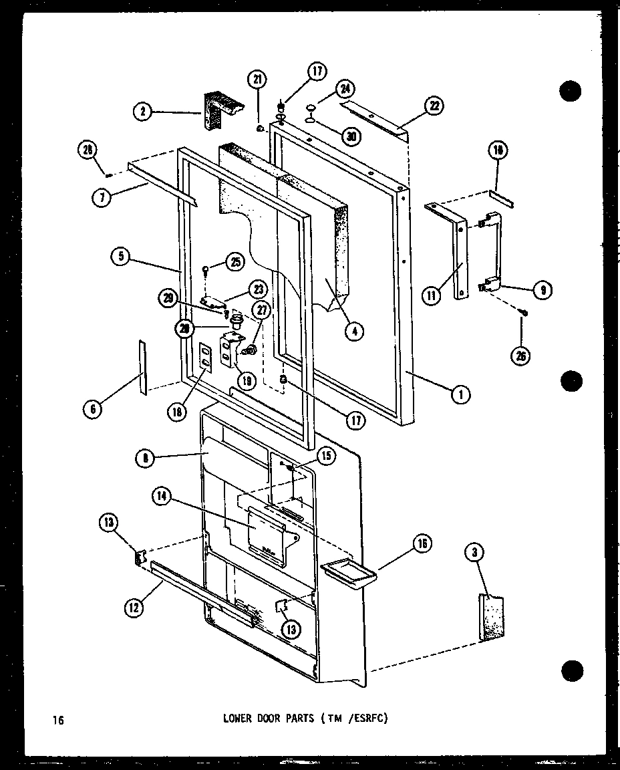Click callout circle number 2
tap(142, 112)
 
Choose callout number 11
tap(434, 294)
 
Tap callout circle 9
tap(542, 290)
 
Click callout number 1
tap(460, 395)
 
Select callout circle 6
tap(93, 408)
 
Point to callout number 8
tap(144, 459)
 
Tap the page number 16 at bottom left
tap(58, 720)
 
